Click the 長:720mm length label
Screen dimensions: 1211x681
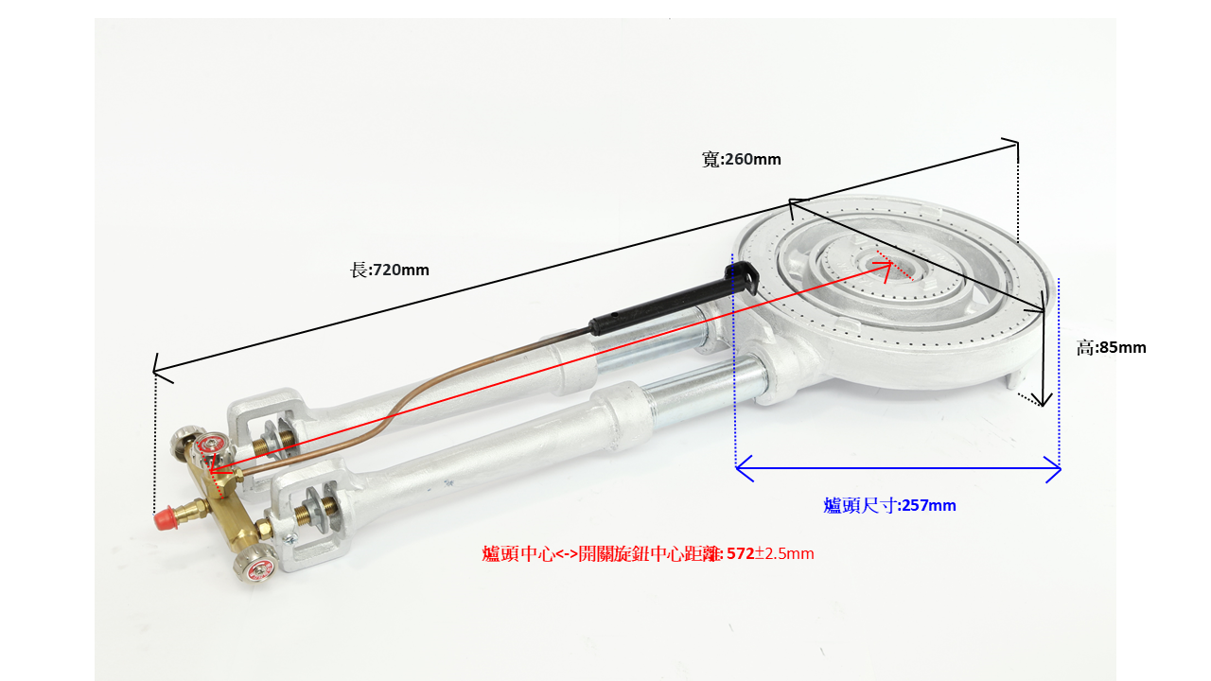click(389, 270)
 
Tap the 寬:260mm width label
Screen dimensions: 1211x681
click(741, 160)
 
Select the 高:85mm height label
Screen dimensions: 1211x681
click(1111, 347)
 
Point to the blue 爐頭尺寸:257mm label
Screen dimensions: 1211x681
click(889, 505)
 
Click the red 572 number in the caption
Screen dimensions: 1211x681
click(740, 553)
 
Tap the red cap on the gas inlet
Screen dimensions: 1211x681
click(164, 518)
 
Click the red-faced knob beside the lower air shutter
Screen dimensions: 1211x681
click(256, 565)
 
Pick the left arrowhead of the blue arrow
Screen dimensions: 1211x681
click(744, 468)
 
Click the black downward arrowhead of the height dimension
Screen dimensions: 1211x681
click(1043, 399)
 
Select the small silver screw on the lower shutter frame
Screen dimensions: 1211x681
click(290, 538)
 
